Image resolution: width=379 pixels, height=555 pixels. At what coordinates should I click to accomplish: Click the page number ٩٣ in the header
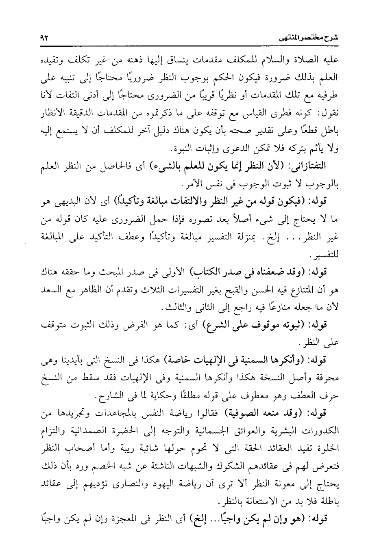tap(44, 38)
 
